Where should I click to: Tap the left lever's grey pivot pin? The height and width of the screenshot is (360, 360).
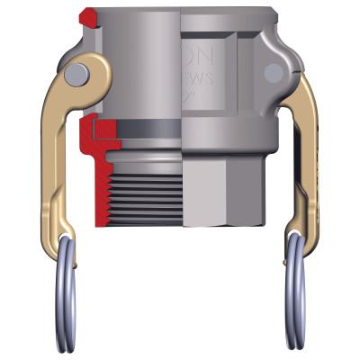(79, 71)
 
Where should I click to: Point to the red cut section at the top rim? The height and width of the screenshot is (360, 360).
(87, 16)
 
